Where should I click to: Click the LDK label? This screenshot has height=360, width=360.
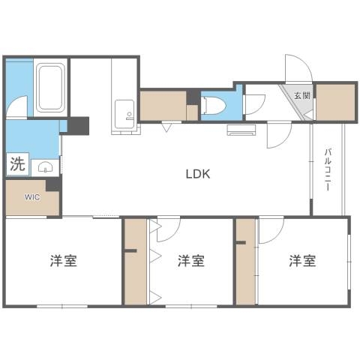click(x=198, y=174)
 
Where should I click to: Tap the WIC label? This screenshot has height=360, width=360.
click(x=31, y=197)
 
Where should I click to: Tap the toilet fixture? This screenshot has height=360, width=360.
click(x=210, y=104)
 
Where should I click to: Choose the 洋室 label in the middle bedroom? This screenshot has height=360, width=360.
click(x=191, y=261)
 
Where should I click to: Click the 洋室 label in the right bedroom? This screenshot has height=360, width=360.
click(x=303, y=261)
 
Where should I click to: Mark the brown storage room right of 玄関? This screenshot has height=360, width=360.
click(x=334, y=102)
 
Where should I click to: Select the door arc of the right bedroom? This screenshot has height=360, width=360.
click(x=271, y=229)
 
